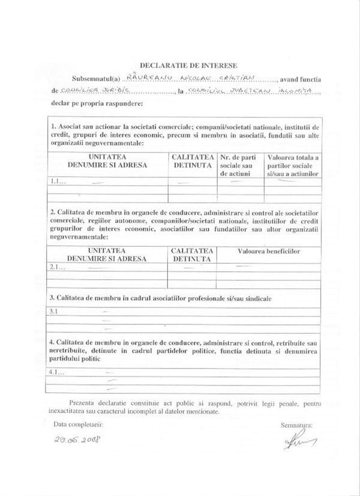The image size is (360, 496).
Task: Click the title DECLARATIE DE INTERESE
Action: [180, 62]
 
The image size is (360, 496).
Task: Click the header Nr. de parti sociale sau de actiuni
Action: [238, 165]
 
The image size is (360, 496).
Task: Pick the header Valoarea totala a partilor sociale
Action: [292, 165]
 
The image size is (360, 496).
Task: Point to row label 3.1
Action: [53, 312]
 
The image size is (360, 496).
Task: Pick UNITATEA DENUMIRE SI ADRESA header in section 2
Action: [105, 254]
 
